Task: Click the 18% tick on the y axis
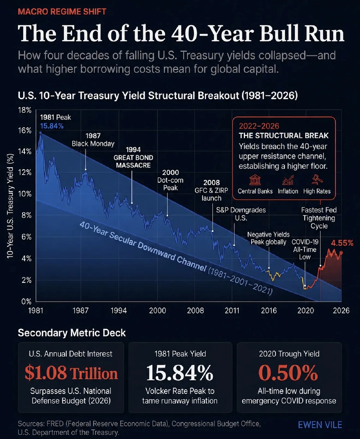click(25, 110)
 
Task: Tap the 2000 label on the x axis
click(158, 310)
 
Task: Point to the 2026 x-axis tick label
click(341, 310)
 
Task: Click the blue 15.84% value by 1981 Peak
click(52, 126)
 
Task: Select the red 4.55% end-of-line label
click(342, 243)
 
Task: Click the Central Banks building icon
click(255, 180)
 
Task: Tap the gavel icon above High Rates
click(317, 180)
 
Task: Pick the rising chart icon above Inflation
click(288, 180)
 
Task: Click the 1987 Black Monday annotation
click(93, 140)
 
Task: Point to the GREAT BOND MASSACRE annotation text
click(133, 161)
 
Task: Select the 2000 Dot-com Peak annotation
click(170, 180)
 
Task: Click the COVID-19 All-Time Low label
click(305, 249)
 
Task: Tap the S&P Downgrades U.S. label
click(241, 214)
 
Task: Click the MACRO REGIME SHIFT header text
click(62, 12)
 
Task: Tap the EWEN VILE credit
click(320, 425)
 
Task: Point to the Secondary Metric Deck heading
click(72, 333)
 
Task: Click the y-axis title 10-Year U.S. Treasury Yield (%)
click(10, 206)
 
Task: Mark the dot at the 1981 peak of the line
click(41, 133)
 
